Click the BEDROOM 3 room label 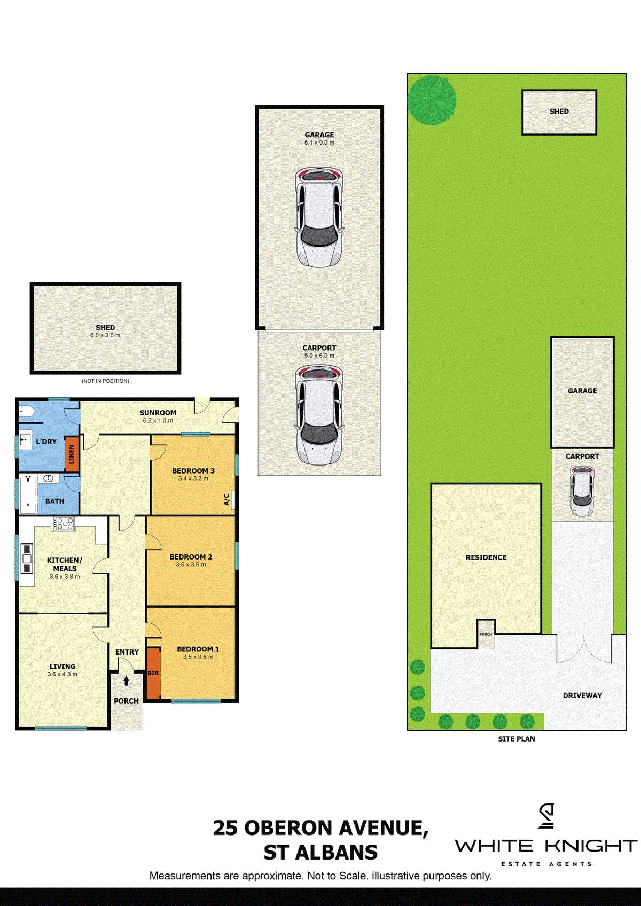pyautogui.click(x=193, y=471)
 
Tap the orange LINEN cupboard pyautogui.click(x=72, y=454)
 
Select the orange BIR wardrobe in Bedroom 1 pyautogui.click(x=153, y=673)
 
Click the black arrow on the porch pyautogui.click(x=126, y=681)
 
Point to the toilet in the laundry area pyautogui.click(x=26, y=412)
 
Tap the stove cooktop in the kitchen pyautogui.click(x=64, y=524)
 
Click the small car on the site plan pyautogui.click(x=582, y=491)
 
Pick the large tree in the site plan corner pyautogui.click(x=432, y=100)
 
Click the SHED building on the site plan pyautogui.click(x=559, y=112)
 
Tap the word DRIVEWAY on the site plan pyautogui.click(x=582, y=695)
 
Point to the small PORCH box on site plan pyautogui.click(x=486, y=634)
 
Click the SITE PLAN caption pyautogui.click(x=517, y=738)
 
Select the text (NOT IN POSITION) pyautogui.click(x=105, y=381)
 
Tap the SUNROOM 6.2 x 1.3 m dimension pyautogui.click(x=158, y=420)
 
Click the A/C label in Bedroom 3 pyautogui.click(x=226, y=500)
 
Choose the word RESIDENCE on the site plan pyautogui.click(x=486, y=557)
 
